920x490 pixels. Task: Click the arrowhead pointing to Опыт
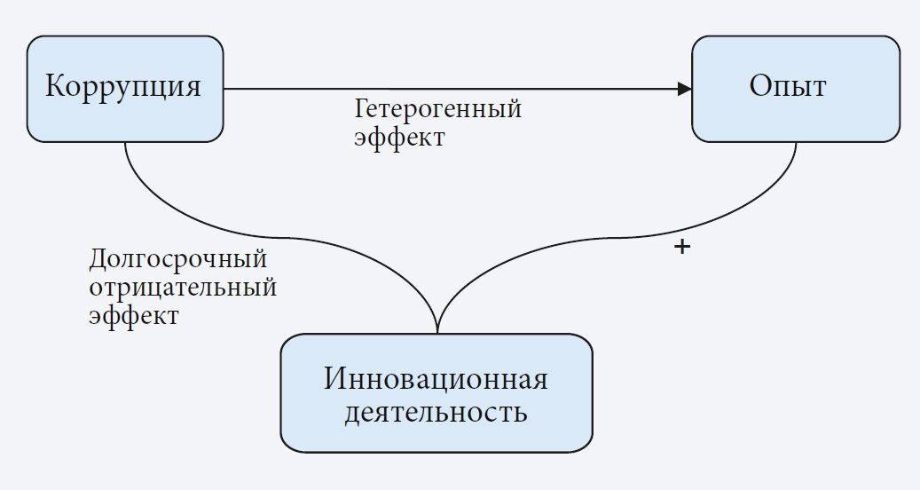point(684,89)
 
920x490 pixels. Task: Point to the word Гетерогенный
point(437,110)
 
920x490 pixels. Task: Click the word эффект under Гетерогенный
point(399,138)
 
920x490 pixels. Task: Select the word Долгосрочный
point(178,260)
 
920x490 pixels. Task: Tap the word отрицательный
point(183,288)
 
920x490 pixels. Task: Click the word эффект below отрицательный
point(134,316)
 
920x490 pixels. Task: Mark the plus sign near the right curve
point(681,248)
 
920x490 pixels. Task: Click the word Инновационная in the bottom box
point(436,380)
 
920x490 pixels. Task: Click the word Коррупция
point(123,87)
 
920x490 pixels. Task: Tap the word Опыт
point(788,87)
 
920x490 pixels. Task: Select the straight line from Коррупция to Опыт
point(444,89)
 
